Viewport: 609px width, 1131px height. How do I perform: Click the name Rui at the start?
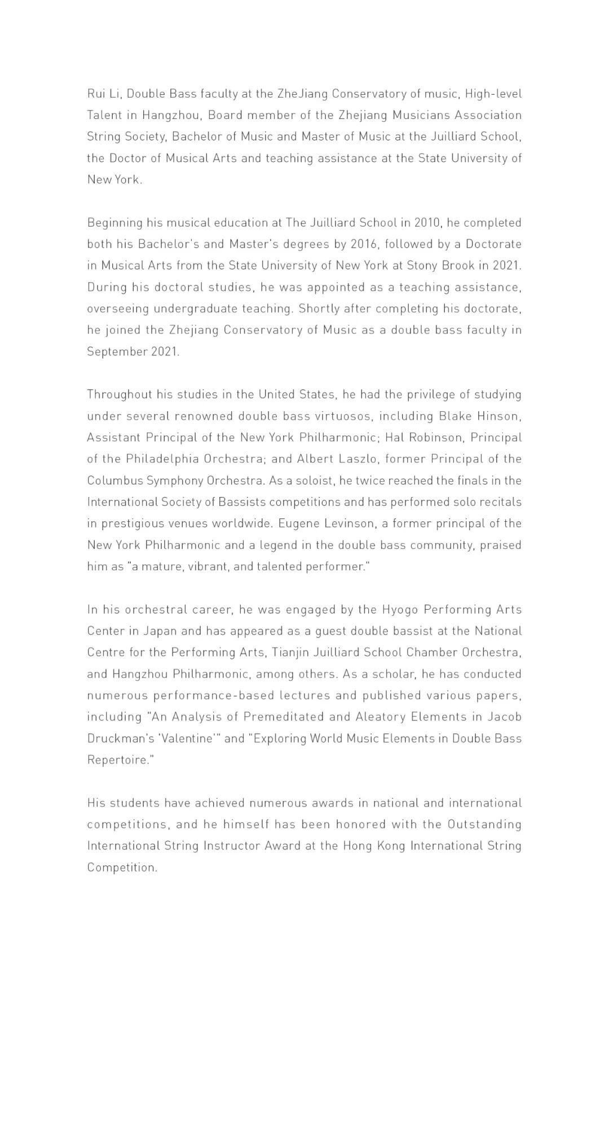[x=97, y=94]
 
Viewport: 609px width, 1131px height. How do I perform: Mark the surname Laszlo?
[x=356, y=459]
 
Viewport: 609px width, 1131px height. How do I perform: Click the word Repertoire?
[x=119, y=760]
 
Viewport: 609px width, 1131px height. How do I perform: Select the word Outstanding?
[x=484, y=825]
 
